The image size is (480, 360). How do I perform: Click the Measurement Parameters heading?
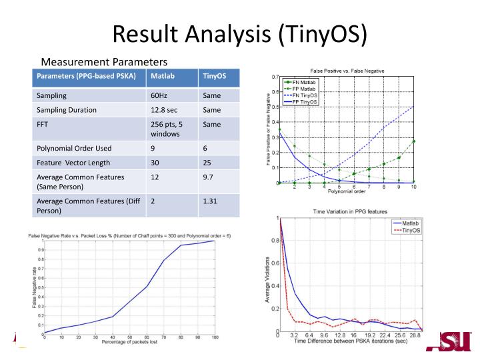[103, 61]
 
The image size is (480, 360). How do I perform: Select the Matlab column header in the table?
[163, 76]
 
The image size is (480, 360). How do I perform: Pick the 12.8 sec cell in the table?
[165, 110]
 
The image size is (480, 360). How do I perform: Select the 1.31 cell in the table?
[211, 201]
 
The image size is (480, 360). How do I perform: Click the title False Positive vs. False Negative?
[347, 71]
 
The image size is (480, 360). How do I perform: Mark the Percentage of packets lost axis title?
[130, 343]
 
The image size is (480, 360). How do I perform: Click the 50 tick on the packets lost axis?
[130, 337]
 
